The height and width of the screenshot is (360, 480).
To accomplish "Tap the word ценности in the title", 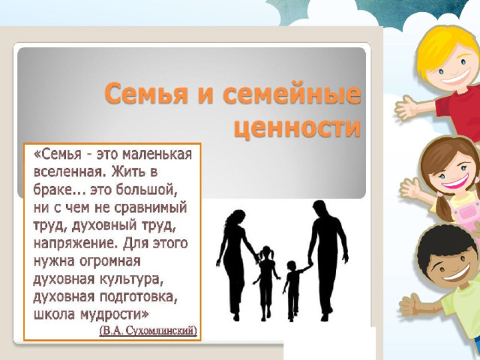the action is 297,127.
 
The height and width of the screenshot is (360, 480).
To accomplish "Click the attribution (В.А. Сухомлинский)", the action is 148,331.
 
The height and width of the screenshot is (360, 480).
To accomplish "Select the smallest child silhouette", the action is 294,289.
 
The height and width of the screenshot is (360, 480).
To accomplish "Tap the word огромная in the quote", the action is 109,262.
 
